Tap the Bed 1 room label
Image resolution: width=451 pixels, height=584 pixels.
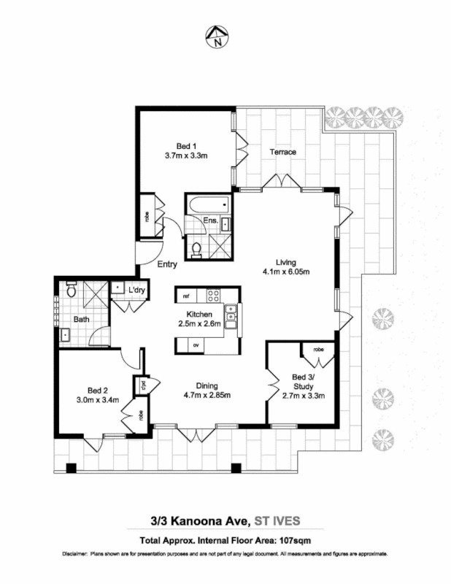point(186,145)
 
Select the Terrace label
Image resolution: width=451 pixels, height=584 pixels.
point(282,152)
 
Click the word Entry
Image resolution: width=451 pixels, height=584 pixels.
point(168,264)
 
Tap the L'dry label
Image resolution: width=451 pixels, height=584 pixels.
point(135,291)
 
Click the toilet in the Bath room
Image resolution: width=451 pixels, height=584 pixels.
point(71,289)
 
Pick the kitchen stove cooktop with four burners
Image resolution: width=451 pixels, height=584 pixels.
point(215,296)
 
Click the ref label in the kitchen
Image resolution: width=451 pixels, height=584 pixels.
point(186,296)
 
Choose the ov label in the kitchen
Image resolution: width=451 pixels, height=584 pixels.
point(196,344)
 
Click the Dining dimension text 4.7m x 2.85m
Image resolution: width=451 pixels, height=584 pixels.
point(207,396)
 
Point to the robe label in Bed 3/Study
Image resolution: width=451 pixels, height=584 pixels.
point(318,349)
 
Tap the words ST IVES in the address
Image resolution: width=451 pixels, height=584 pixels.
point(277,520)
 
